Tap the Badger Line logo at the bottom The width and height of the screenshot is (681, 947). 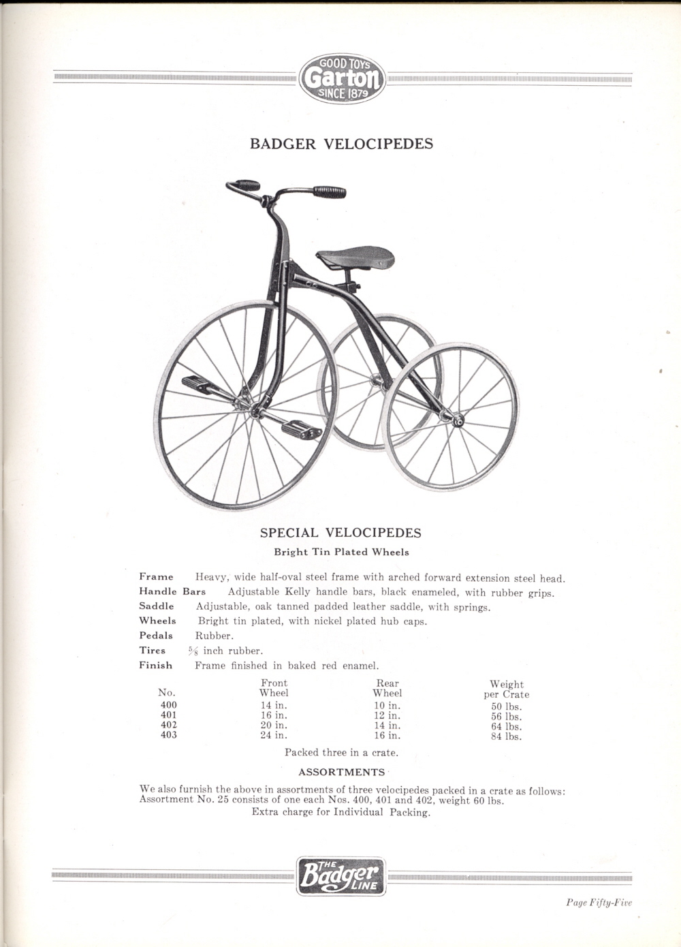point(342,875)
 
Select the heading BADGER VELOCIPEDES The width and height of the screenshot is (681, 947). point(342,144)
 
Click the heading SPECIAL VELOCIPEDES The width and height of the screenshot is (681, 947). point(341,533)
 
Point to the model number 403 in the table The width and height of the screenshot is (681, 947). point(169,735)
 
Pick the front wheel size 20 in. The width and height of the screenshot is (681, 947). point(274,726)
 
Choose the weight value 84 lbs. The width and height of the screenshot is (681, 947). point(506,736)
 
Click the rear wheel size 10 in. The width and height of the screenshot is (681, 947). point(387,706)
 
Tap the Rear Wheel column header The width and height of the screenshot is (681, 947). point(387,688)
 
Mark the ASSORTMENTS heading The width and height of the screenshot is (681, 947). point(342,772)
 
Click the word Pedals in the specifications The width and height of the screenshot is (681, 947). point(156,636)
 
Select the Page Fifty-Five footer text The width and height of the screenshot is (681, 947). point(599,903)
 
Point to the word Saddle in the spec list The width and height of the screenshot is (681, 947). point(157,606)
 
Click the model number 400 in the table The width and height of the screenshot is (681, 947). point(169,705)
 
